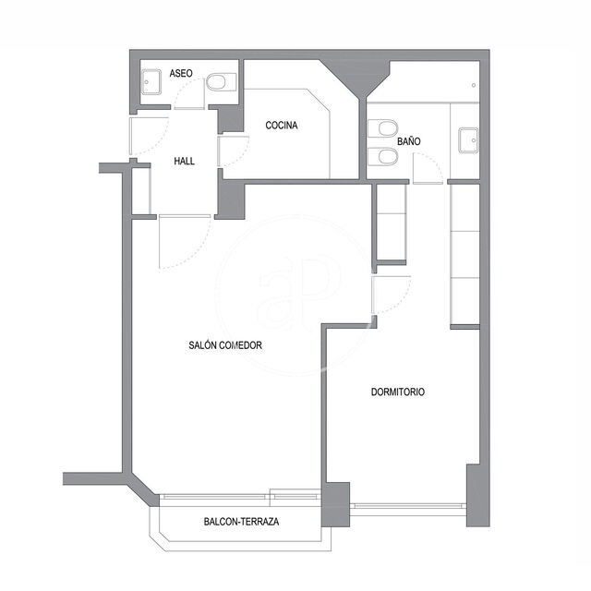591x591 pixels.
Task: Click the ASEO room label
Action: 181,73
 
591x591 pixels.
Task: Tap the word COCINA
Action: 282,126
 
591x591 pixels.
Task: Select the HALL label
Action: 185,162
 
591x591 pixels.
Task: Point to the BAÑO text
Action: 409,141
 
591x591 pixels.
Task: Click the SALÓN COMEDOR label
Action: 225,345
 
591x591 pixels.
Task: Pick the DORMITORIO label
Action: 398,392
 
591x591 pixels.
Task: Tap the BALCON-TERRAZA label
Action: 242,522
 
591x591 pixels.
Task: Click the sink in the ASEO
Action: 151,82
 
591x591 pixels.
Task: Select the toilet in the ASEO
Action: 222,82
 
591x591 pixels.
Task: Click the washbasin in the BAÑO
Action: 468,140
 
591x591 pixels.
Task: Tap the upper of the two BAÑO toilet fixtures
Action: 382,128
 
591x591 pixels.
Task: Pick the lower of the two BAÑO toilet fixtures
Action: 382,156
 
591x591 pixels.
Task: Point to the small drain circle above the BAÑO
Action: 474,86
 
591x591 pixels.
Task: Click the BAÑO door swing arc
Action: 435,162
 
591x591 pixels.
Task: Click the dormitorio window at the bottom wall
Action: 408,505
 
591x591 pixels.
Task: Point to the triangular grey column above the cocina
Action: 355,76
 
